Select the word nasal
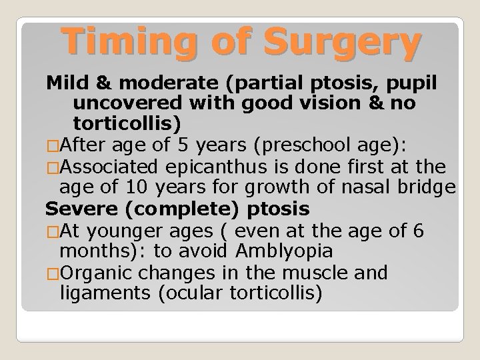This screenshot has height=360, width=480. (349, 188)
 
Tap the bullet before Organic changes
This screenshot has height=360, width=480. (52, 272)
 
